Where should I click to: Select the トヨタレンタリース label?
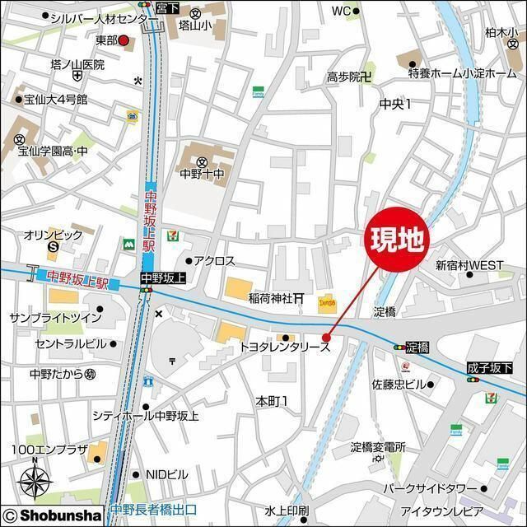click(x=285, y=347)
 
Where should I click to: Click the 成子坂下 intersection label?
click(x=488, y=366)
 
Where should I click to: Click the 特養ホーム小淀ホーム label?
click(x=462, y=74)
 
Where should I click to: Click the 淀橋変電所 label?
click(x=378, y=447)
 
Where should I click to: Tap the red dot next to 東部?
click(x=124, y=40)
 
